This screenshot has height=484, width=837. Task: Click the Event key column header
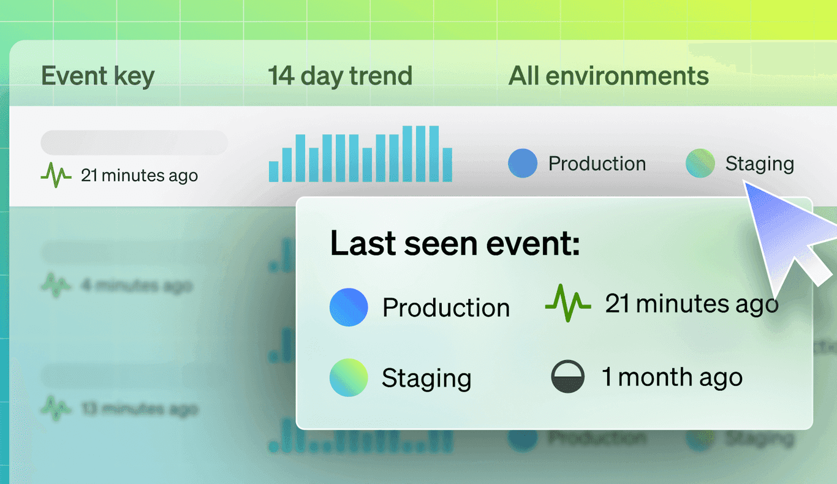pyautogui.click(x=97, y=77)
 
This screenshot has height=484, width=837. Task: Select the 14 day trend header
pyautogui.click(x=339, y=77)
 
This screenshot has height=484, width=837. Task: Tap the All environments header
pyautogui.click(x=608, y=77)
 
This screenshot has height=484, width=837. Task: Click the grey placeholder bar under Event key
pyautogui.click(x=134, y=143)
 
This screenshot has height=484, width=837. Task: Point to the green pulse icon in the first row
pyautogui.click(x=56, y=176)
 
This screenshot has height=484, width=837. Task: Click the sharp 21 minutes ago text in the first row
pyautogui.click(x=139, y=176)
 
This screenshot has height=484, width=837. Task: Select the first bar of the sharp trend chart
pyautogui.click(x=273, y=172)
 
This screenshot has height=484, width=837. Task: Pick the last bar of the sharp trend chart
pyautogui.click(x=447, y=165)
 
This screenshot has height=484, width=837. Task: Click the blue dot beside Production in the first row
pyautogui.click(x=523, y=164)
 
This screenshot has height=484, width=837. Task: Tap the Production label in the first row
pyautogui.click(x=597, y=164)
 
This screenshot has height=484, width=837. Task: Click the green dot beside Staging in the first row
pyautogui.click(x=700, y=164)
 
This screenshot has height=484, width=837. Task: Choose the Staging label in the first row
pyautogui.click(x=759, y=164)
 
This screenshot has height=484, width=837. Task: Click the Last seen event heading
pyautogui.click(x=455, y=244)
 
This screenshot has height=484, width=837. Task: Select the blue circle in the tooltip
pyautogui.click(x=349, y=307)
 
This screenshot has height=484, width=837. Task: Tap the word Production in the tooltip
pyautogui.click(x=445, y=308)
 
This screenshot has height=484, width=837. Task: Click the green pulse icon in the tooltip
pyautogui.click(x=567, y=303)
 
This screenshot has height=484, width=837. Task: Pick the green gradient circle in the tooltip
pyautogui.click(x=349, y=377)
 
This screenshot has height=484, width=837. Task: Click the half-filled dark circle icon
pyautogui.click(x=568, y=377)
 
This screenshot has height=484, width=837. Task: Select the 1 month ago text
pyautogui.click(x=672, y=377)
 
